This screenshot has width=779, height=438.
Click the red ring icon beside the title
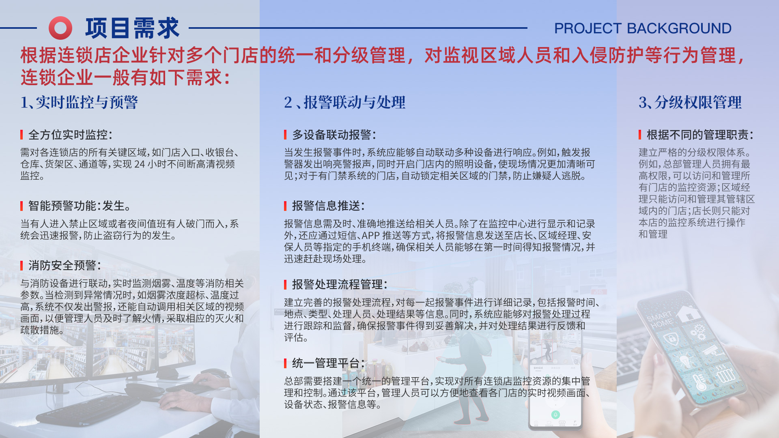tap(60, 28)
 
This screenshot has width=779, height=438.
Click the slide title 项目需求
tap(132, 28)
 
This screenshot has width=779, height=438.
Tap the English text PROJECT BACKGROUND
tap(643, 28)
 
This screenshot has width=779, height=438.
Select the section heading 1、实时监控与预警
tap(79, 102)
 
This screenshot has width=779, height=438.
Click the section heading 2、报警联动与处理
tap(344, 102)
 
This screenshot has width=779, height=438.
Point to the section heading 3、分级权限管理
tap(690, 102)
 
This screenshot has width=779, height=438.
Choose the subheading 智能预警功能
tap(65, 206)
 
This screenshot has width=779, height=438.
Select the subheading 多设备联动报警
tap(334, 135)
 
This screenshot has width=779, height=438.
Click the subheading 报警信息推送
tap(328, 206)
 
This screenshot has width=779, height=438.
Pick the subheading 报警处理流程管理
tap(339, 285)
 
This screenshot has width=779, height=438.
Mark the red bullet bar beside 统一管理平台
tap(285, 363)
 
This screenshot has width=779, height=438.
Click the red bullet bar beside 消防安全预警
tap(22, 266)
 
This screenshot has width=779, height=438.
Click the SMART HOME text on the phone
tap(660, 320)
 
